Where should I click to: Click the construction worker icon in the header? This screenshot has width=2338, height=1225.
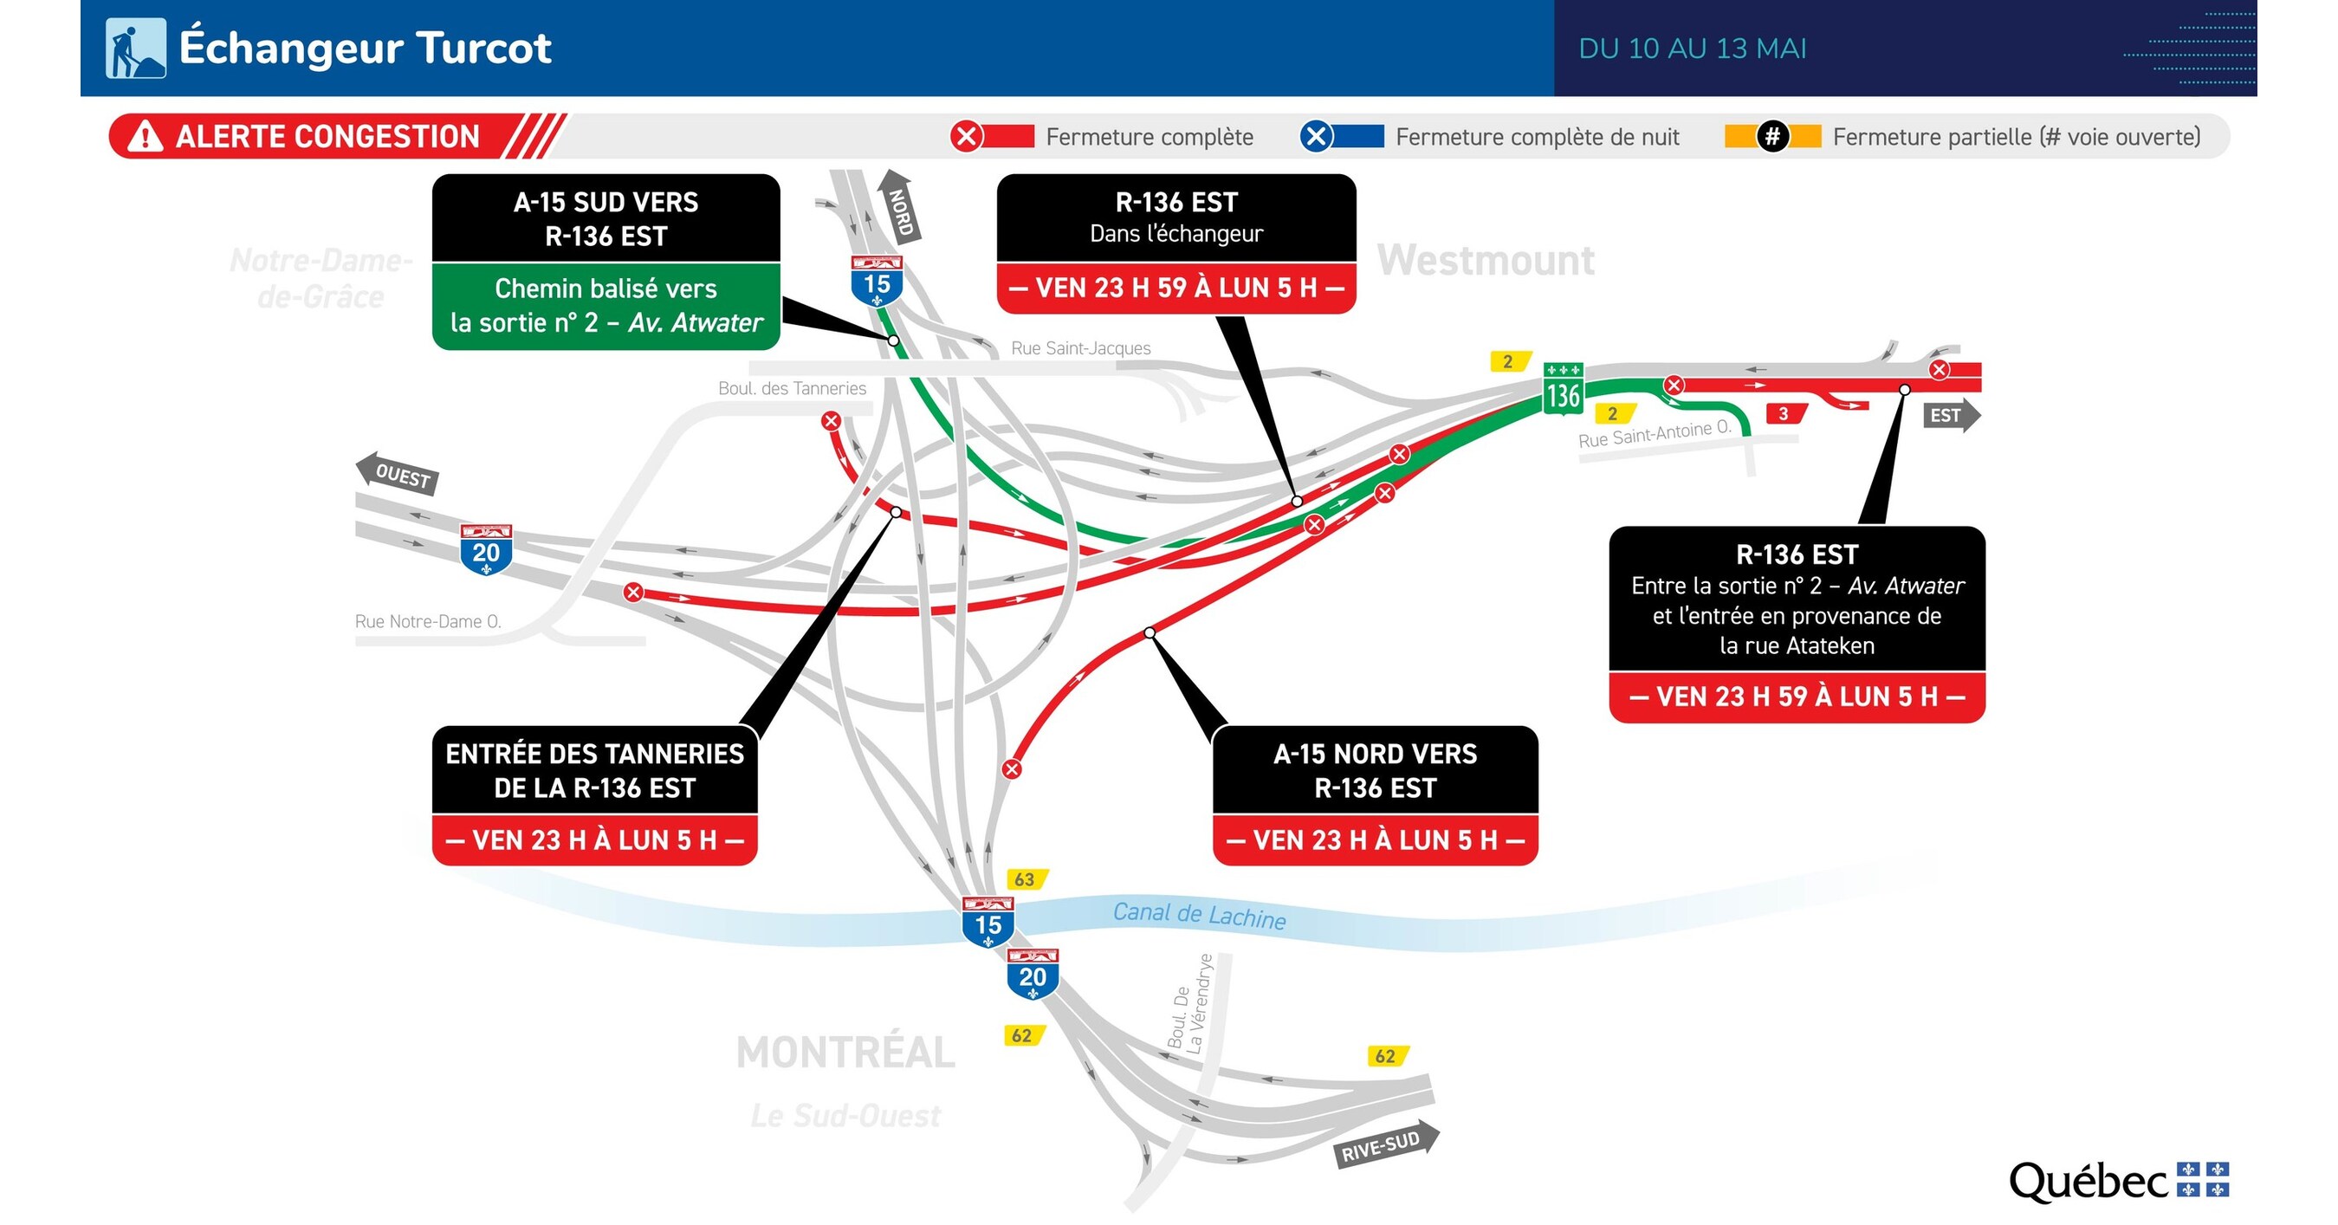click(x=135, y=49)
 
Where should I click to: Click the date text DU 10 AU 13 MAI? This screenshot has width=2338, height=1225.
click(x=1692, y=49)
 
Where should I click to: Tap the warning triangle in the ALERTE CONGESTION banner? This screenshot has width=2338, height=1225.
click(x=146, y=137)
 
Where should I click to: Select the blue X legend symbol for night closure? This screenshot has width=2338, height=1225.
click(x=1316, y=137)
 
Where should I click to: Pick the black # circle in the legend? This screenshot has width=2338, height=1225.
click(x=1771, y=137)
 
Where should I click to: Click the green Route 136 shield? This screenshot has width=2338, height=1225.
click(x=1563, y=389)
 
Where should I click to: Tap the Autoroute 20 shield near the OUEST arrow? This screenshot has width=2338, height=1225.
click(x=486, y=549)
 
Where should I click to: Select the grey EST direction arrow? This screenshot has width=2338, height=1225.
click(x=1951, y=416)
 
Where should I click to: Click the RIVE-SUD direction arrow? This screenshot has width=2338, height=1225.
click(x=1386, y=1145)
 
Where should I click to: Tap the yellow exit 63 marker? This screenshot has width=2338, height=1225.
click(x=1026, y=879)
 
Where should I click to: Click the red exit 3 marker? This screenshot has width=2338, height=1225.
click(x=1784, y=414)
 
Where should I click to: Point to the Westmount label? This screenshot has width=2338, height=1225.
click(x=1485, y=262)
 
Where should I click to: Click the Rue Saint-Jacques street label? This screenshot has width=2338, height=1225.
click(x=1080, y=348)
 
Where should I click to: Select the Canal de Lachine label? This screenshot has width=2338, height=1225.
click(x=1199, y=915)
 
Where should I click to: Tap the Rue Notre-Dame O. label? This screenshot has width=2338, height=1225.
click(x=427, y=621)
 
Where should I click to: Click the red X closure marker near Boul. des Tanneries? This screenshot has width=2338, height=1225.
click(x=831, y=421)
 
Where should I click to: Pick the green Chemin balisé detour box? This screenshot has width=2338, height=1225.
click(x=606, y=306)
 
